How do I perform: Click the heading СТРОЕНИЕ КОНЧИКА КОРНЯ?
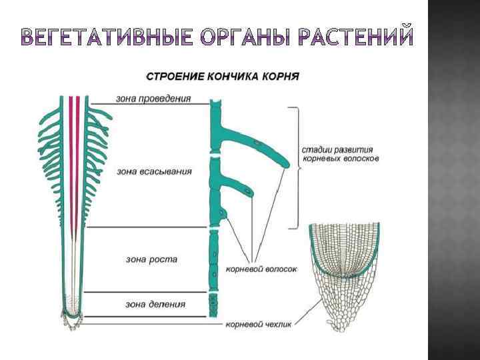(222, 75)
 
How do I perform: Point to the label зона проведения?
(153, 98)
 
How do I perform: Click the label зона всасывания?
(154, 171)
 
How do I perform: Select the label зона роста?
(151, 259)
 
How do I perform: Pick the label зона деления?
(155, 304)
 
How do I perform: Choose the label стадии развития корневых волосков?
(341, 154)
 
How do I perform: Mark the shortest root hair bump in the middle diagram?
(225, 213)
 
